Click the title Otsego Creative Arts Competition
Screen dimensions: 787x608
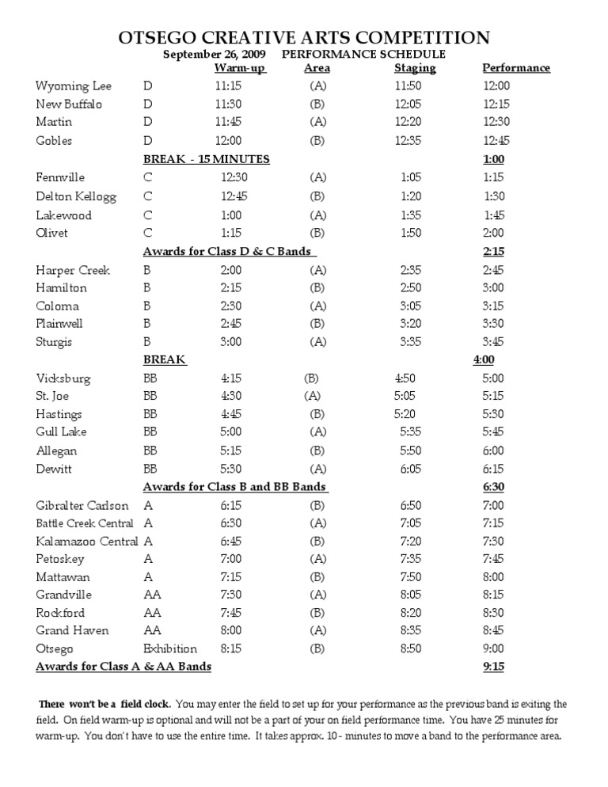[x=304, y=37]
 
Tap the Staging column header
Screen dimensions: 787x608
[x=415, y=68]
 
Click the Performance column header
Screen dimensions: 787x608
[x=516, y=68]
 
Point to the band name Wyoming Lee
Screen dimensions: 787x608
[x=74, y=86]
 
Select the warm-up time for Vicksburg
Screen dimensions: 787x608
[x=231, y=378]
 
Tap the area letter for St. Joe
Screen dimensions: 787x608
[x=312, y=396]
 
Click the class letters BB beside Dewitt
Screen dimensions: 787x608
[x=150, y=469]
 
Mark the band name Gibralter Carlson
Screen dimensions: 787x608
[x=82, y=505]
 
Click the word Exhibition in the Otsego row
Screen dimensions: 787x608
[x=170, y=648]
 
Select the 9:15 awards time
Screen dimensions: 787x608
[x=492, y=667]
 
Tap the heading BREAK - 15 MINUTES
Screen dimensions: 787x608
[x=206, y=159]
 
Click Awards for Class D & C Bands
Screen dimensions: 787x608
[x=230, y=252]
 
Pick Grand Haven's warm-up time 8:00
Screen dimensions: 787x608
[x=231, y=630]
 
